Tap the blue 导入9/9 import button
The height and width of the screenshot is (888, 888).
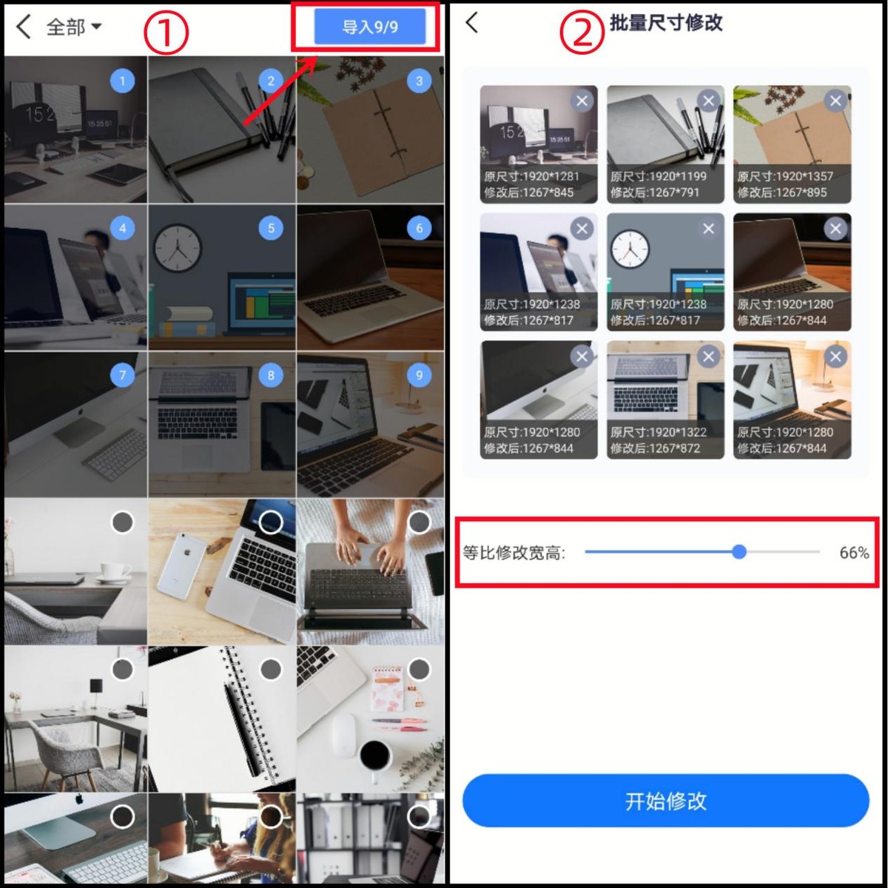point(370,27)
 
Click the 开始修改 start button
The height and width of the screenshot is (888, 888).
point(665,801)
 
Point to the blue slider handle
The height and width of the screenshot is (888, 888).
point(739,551)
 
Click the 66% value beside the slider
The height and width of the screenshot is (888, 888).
point(853,553)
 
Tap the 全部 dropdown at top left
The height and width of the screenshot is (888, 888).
point(73,27)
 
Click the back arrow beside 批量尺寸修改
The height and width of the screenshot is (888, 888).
point(472,23)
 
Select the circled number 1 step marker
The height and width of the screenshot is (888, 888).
point(166,33)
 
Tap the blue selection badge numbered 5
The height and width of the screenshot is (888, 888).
point(271,228)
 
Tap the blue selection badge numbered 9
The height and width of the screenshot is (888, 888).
point(419,375)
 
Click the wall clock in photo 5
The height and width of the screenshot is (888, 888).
point(178,246)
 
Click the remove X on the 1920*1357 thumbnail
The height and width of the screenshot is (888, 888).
point(835,101)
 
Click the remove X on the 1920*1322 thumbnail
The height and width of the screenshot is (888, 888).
point(708,357)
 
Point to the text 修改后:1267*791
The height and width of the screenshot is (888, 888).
point(655,192)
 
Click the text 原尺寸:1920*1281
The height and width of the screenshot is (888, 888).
point(531,176)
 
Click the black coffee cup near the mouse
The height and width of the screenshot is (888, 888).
point(375,755)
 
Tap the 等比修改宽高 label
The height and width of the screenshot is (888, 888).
point(514,553)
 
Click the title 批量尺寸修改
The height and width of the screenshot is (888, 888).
point(665,23)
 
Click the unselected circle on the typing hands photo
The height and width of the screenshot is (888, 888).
point(419,522)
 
